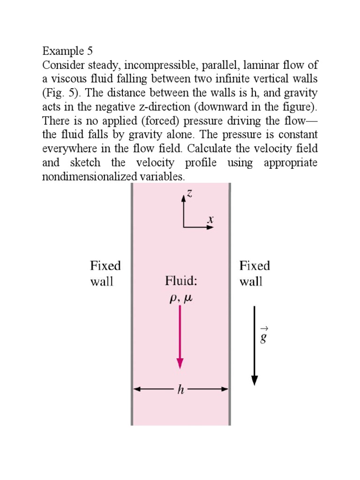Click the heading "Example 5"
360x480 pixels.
[x=67, y=51]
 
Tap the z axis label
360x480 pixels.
[x=189, y=193]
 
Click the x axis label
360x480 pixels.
[x=210, y=219]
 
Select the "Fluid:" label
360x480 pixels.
[x=181, y=280]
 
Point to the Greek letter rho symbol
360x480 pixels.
[x=173, y=298]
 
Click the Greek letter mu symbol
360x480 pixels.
[x=188, y=298]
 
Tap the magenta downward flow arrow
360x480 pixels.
[x=180, y=337]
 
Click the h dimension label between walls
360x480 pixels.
[x=181, y=390]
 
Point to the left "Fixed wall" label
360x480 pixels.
[x=105, y=273]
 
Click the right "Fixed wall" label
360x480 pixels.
[x=255, y=273]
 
